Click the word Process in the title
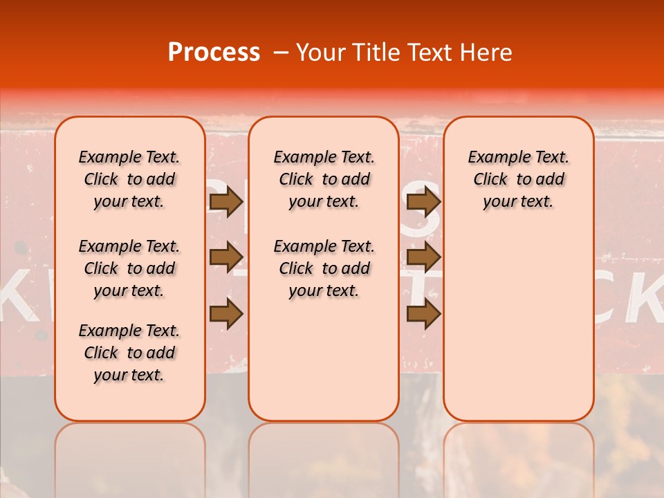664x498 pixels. point(214,53)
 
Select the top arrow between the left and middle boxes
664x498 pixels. point(226,202)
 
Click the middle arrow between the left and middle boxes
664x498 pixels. point(226,258)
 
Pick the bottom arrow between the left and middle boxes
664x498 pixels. point(226,314)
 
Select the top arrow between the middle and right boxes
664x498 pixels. point(423,202)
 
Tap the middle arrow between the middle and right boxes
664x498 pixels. point(423,258)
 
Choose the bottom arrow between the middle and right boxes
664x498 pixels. point(423,314)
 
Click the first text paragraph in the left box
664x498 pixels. point(129,179)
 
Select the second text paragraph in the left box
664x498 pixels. point(129,268)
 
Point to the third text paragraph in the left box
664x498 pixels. point(129,353)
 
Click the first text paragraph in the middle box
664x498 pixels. point(324,179)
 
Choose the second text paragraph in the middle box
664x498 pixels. point(324,268)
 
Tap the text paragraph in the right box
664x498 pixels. point(518,179)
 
